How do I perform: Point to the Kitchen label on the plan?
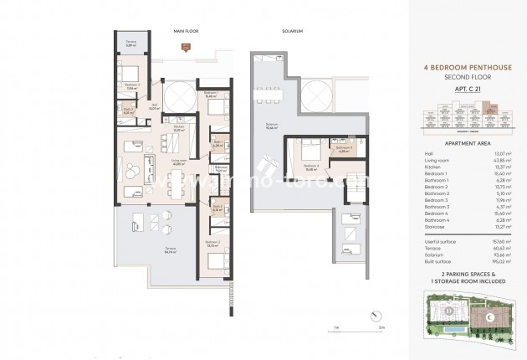[x=179, y=129]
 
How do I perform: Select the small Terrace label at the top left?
[x=131, y=43]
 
